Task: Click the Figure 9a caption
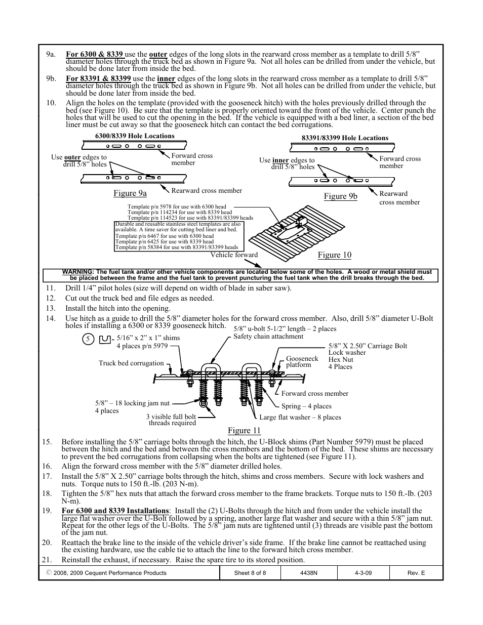(130, 193)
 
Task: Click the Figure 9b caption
(340, 196)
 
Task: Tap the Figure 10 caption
(334, 255)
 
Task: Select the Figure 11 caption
(244, 430)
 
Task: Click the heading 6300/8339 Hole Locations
(135, 136)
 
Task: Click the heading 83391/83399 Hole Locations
(345, 138)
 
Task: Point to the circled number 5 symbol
(88, 339)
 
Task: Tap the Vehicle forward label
(234, 255)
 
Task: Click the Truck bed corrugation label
(131, 363)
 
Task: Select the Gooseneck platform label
(302, 361)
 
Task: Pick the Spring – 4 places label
(306, 406)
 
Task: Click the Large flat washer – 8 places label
(300, 417)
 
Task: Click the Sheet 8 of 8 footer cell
(250, 573)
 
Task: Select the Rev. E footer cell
(416, 573)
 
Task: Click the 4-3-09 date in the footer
(364, 573)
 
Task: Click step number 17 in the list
(47, 476)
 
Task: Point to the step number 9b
(50, 78)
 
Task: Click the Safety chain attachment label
(268, 336)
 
